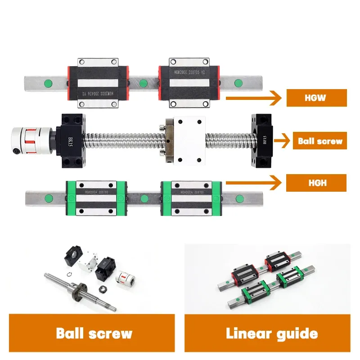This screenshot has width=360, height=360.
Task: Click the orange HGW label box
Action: [316, 98]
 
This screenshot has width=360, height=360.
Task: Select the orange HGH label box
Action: [316, 183]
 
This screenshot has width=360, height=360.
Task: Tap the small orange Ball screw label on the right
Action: [320, 141]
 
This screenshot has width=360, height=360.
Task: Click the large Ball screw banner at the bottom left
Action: [92, 333]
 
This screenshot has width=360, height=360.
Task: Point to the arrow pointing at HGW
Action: [252, 97]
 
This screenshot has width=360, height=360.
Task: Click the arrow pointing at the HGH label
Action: [252, 183]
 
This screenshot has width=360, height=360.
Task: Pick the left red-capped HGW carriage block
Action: [99, 83]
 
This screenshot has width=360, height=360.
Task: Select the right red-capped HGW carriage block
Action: [189, 83]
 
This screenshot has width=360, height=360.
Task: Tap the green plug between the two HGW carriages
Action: [144, 83]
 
